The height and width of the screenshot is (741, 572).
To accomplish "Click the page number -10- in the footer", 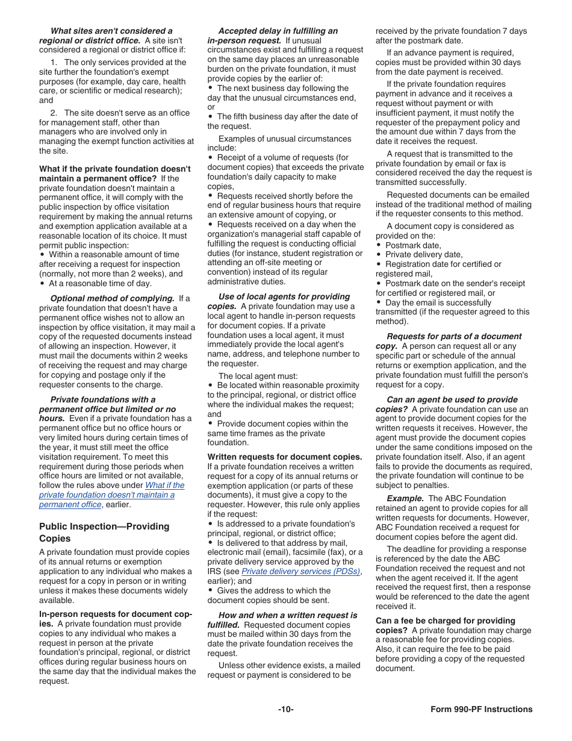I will [x=285, y=709].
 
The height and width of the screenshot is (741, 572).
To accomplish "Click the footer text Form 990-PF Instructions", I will [x=481, y=709].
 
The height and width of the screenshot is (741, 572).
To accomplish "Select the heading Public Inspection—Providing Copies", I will [x=104, y=532].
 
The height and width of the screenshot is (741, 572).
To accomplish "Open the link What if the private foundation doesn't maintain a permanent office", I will [x=112, y=495].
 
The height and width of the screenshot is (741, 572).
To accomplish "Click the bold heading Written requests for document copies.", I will [x=285, y=457].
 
